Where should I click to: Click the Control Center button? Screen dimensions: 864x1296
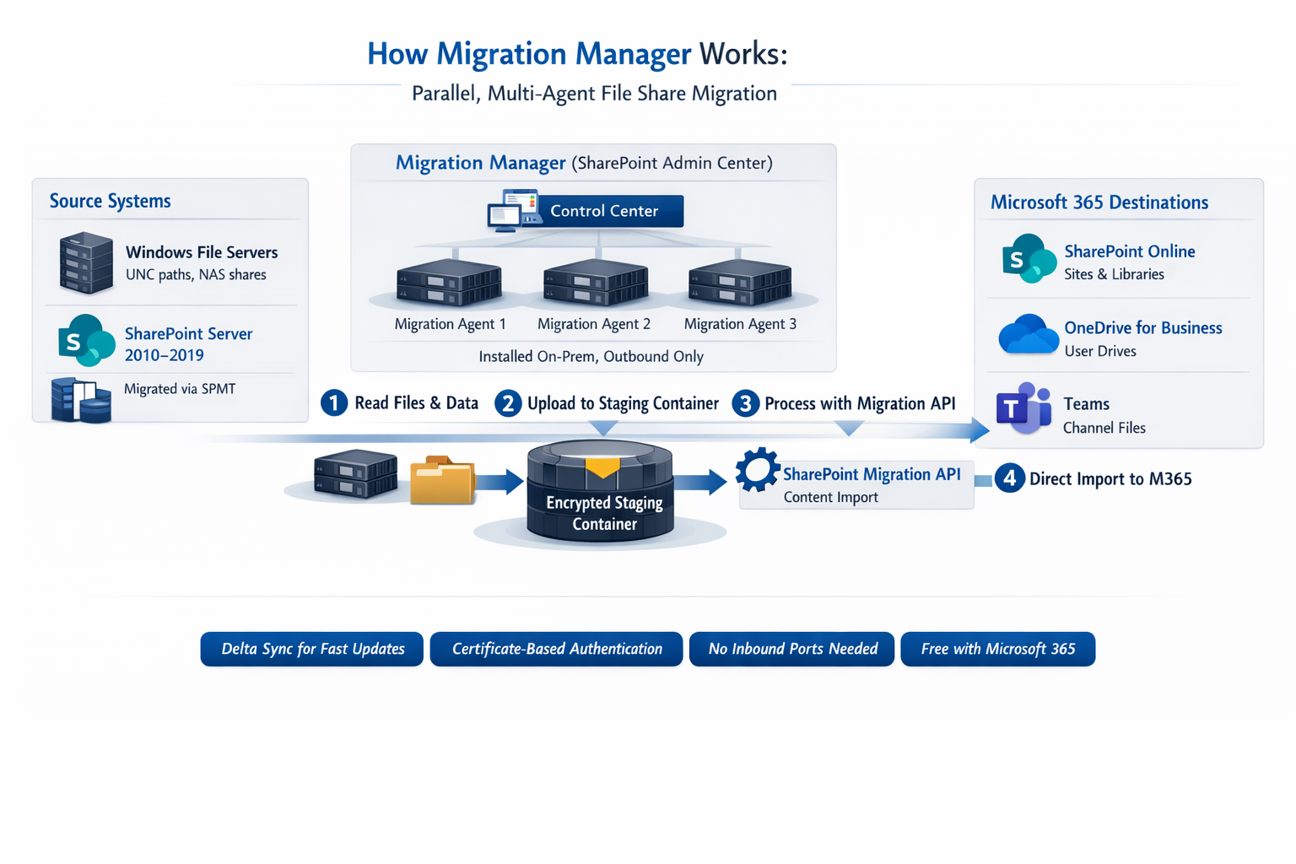coord(603,211)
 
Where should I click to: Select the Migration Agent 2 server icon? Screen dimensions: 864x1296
coord(596,282)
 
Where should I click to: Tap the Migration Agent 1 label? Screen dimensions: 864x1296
coord(451,324)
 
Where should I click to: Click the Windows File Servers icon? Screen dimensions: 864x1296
coord(86,263)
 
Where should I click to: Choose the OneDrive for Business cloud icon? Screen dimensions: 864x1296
coord(1028,335)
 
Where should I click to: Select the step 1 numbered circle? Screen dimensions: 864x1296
coord(334,403)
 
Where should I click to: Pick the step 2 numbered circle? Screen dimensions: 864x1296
coord(508,403)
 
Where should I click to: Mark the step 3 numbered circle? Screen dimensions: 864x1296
coord(745,403)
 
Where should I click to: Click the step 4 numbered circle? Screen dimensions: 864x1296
coord(1010,478)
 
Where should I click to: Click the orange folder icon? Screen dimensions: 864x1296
coord(442,481)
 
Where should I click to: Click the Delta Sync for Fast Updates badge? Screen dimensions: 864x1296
coord(312,649)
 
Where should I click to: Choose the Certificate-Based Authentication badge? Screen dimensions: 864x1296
coord(557,649)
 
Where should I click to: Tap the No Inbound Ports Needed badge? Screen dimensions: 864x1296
coord(792,649)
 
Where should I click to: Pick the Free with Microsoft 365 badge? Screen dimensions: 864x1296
coord(998,649)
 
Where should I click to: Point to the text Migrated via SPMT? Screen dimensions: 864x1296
coord(180,389)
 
